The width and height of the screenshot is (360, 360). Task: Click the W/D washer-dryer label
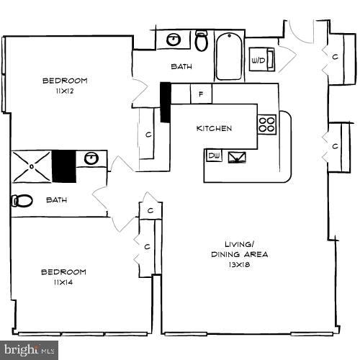[258, 59]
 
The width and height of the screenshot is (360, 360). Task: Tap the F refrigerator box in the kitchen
[201, 94]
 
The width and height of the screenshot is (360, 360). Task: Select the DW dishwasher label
[214, 155]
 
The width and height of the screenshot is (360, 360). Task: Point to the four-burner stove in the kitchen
[267, 124]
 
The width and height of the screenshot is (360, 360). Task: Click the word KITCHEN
[215, 128]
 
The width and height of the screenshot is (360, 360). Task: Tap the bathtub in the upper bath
[230, 56]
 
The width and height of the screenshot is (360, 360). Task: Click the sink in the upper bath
[174, 40]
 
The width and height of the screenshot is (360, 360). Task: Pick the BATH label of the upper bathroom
[181, 67]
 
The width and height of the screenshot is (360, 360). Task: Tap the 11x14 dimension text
[63, 283]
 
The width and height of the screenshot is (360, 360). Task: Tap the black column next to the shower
[63, 167]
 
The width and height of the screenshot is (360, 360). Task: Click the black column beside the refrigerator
[165, 102]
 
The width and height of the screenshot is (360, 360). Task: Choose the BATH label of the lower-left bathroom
[57, 200]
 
